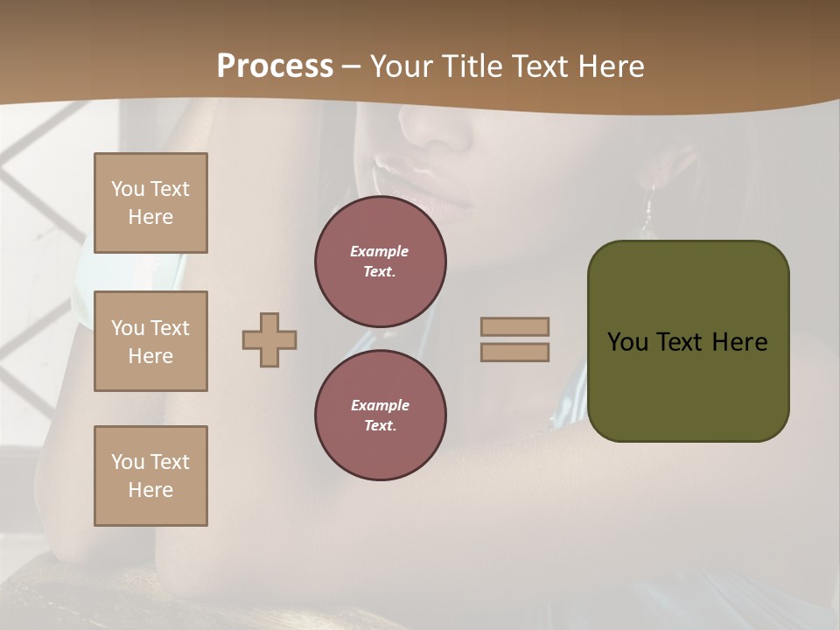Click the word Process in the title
275,66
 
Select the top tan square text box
150,203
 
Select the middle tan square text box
150,341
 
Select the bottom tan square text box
150,476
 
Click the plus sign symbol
269,339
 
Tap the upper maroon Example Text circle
380,262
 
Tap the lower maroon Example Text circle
380,416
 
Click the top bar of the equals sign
514,327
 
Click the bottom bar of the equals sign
514,352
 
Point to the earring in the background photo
648,210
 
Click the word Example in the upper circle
379,251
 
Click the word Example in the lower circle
379,405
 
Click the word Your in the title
401,66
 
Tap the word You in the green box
627,342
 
